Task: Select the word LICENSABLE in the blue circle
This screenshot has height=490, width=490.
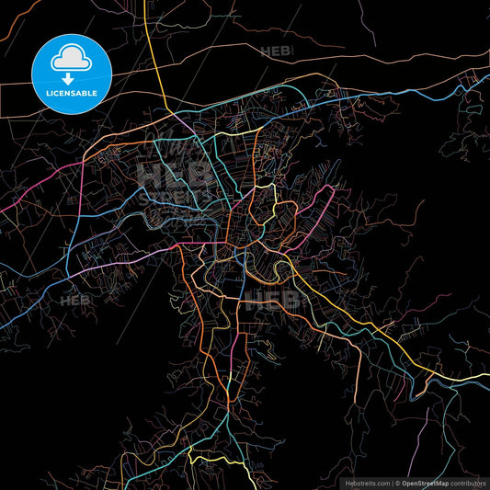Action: tap(72, 94)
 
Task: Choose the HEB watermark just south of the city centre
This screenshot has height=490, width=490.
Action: tap(272, 300)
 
